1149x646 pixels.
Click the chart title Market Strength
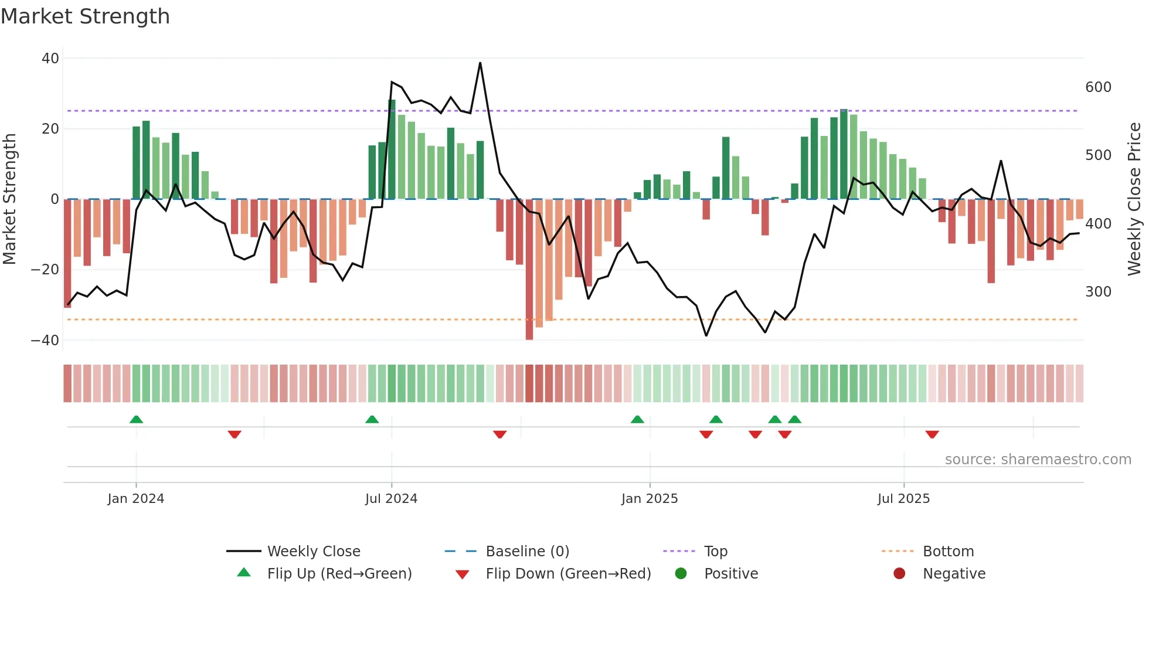[85, 16]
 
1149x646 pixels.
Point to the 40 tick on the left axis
[50, 58]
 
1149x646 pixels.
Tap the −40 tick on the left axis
[45, 340]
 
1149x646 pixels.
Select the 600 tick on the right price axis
[1098, 87]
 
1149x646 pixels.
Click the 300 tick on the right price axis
[1098, 292]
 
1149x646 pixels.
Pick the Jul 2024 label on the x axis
[391, 499]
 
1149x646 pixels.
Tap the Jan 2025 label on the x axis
[650, 499]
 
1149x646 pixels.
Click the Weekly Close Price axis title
[1134, 199]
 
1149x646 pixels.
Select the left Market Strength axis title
[10, 199]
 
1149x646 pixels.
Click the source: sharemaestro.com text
[1038, 460]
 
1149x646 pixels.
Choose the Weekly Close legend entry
[313, 552]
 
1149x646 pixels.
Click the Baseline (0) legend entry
[527, 552]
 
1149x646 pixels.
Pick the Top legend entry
[715, 552]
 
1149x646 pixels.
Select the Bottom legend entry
[948, 552]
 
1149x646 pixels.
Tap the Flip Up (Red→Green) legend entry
[339, 574]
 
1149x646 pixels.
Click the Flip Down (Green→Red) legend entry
[568, 574]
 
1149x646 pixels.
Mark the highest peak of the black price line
[480, 63]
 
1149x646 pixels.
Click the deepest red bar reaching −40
[529, 270]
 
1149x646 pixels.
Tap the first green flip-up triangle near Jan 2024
[136, 419]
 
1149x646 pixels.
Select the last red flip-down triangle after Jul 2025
[932, 434]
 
